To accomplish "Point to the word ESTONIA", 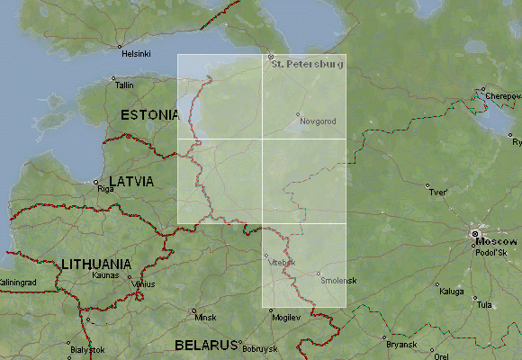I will click(x=150, y=115).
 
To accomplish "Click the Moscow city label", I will click(x=497, y=242).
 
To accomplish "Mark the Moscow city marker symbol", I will click(x=474, y=235).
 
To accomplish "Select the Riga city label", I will click(x=105, y=190).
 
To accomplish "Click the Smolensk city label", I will click(x=338, y=281).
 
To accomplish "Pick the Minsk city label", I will click(x=206, y=318).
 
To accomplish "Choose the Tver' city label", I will click(x=438, y=193).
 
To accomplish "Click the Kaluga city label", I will click(x=451, y=291).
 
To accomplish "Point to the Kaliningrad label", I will click(x=19, y=283).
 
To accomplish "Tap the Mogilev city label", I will click(x=285, y=318).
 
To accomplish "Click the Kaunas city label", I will click(x=105, y=275).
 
